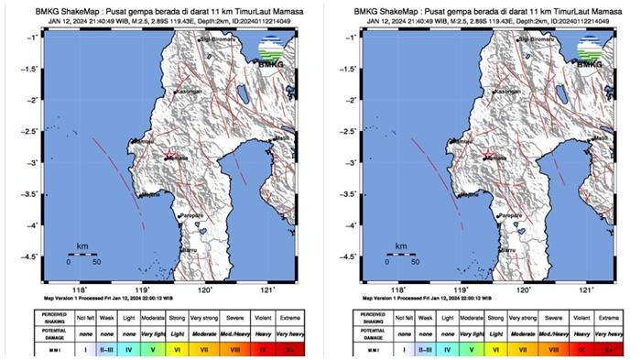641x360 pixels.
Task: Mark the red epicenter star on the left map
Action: coord(166,157)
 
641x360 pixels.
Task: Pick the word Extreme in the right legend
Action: coord(599,317)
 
